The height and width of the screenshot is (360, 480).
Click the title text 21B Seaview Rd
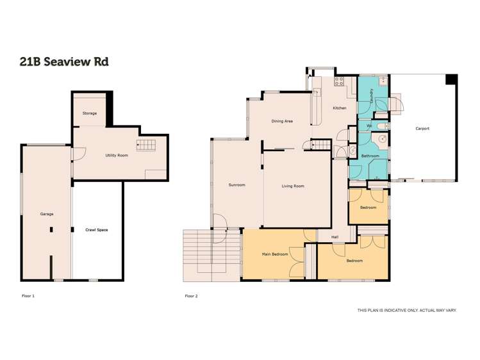(x=63, y=61)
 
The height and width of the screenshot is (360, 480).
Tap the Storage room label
(x=90, y=113)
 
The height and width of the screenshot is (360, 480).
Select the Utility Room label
(x=118, y=155)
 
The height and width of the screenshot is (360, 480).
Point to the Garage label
(x=46, y=214)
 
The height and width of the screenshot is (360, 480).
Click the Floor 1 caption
(x=28, y=296)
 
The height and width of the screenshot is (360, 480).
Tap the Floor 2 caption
(x=191, y=296)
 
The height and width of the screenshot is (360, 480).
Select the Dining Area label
(x=282, y=120)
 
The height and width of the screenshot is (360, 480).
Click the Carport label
(x=422, y=129)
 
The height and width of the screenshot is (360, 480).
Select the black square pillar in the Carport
(x=452, y=79)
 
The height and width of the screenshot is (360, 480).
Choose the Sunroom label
(x=237, y=185)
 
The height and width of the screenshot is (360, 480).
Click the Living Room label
(x=293, y=186)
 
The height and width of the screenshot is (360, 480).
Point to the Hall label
(x=335, y=236)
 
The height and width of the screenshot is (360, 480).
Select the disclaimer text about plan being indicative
(x=406, y=310)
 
